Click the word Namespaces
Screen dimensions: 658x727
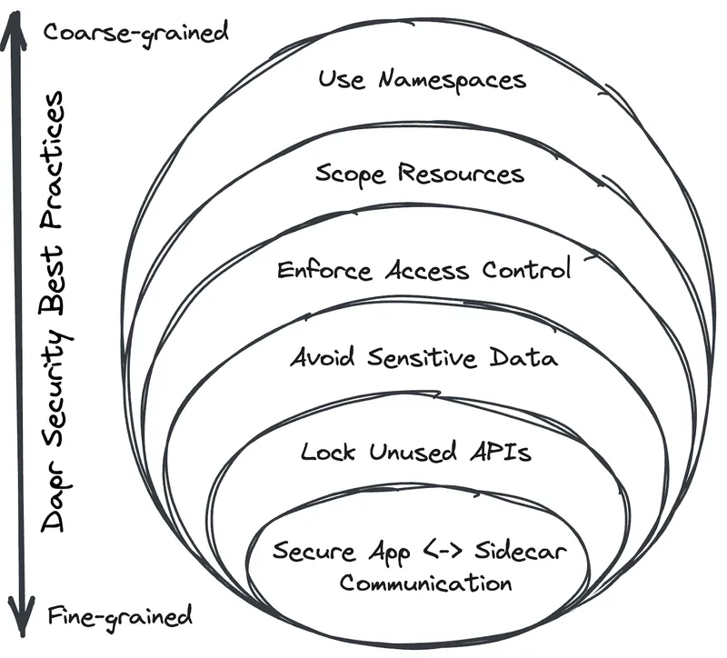point(452,80)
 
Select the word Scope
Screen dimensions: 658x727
point(350,174)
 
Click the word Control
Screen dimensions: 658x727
point(528,270)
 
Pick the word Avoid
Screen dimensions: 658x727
point(323,357)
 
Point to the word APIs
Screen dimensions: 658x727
point(500,452)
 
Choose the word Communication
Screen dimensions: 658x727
point(425,583)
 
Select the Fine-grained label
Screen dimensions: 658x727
point(119,615)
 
